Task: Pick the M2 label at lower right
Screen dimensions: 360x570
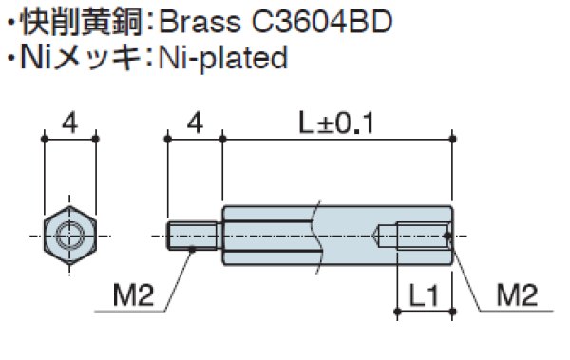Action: coord(518,296)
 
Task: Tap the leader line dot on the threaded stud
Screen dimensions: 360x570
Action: coord(192,248)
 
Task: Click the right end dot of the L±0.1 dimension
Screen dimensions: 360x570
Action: coord(451,140)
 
